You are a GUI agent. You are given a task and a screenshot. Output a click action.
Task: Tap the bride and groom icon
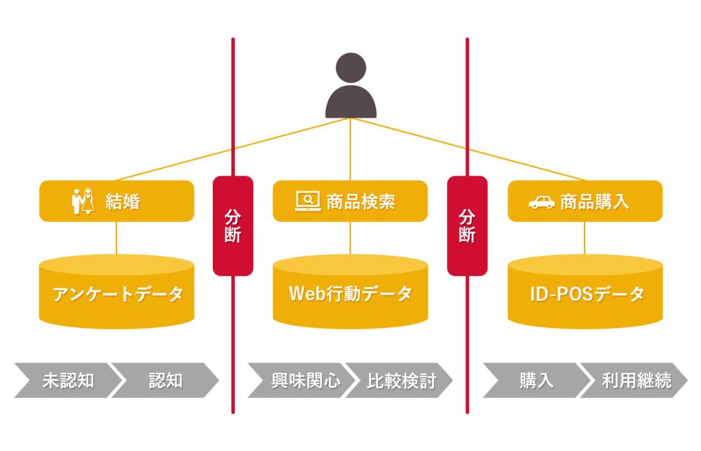(x=82, y=202)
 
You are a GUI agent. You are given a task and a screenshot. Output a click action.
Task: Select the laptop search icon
(x=307, y=201)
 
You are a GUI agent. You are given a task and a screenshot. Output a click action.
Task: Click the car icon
(x=541, y=202)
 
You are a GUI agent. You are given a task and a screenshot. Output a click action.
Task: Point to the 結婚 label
(x=123, y=202)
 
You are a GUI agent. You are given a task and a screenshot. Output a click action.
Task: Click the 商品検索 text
(x=361, y=202)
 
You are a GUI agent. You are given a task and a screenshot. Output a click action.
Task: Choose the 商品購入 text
(x=594, y=202)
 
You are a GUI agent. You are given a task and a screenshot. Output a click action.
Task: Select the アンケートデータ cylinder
(x=116, y=293)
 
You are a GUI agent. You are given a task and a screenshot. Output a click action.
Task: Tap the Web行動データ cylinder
(x=350, y=293)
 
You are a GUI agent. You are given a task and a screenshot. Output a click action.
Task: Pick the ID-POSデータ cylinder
(x=585, y=293)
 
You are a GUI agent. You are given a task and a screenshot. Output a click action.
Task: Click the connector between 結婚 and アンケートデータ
(x=116, y=239)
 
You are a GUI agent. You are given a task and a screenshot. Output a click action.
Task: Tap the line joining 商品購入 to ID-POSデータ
(x=585, y=239)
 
